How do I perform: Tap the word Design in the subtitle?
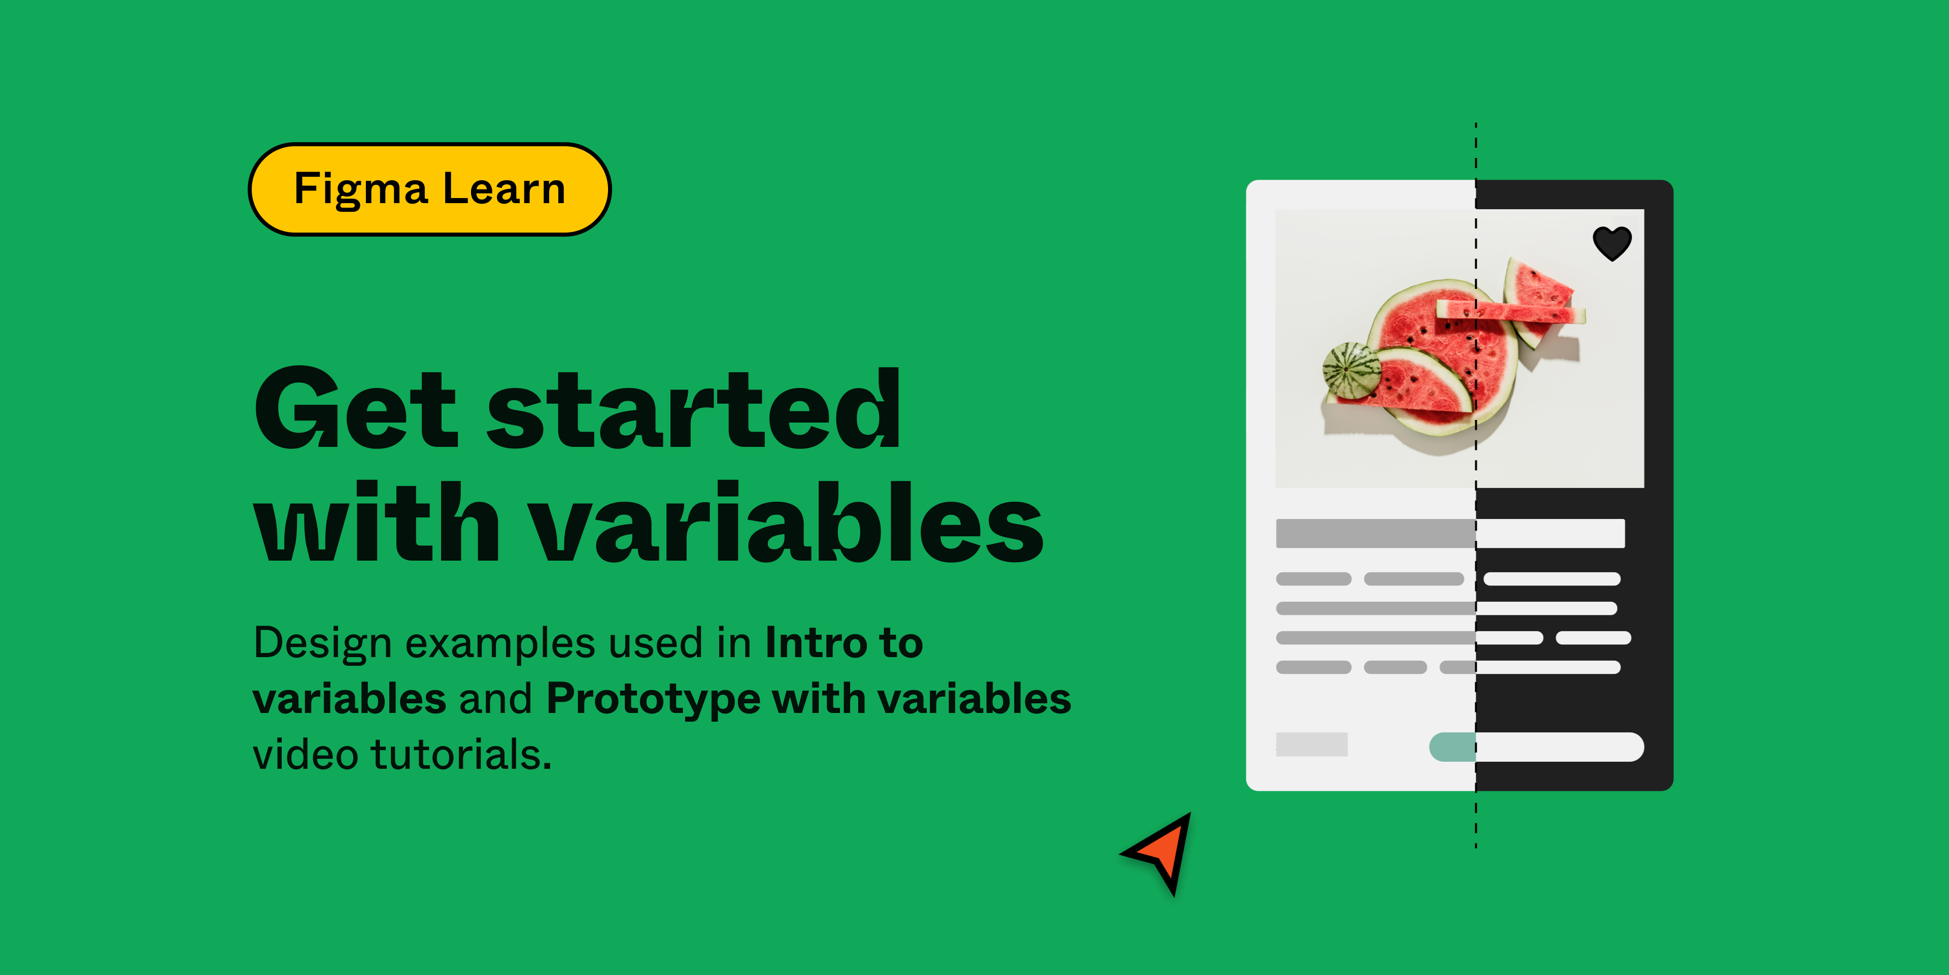[322, 643]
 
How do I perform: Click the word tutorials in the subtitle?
[461, 754]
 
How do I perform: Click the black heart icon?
[1611, 243]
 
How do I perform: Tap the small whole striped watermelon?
[1351, 369]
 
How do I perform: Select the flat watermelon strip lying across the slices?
[1509, 310]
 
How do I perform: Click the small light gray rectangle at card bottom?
[1311, 744]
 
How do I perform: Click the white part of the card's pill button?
[1559, 747]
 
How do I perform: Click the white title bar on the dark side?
[1550, 533]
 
